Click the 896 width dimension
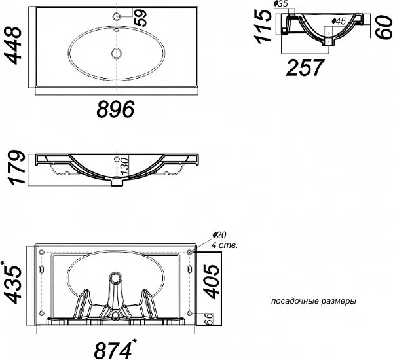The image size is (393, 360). click(115, 109)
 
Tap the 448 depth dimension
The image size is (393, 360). click(14, 46)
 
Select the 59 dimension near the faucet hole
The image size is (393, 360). click(140, 18)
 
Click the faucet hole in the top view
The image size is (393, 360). click(117, 16)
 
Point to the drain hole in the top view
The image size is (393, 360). click(117, 53)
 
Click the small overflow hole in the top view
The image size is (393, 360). click(117, 30)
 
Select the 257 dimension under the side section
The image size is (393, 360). click(305, 67)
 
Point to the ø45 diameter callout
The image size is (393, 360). click(339, 22)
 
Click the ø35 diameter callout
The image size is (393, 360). click(281, 4)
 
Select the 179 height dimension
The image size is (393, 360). click(17, 168)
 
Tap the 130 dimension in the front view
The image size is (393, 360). click(124, 167)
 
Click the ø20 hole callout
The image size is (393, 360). click(219, 235)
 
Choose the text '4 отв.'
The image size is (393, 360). click(224, 245)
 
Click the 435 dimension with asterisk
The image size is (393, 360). click(12, 283)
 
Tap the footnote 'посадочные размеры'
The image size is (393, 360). click(314, 301)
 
